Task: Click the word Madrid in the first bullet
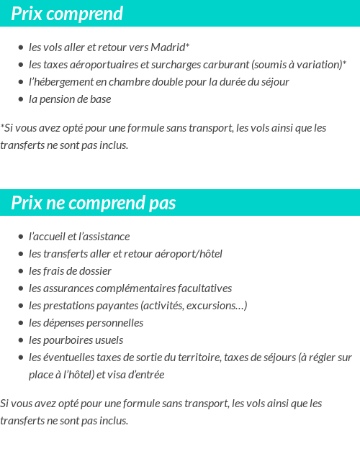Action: [168, 47]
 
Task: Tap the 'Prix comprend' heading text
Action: [67, 14]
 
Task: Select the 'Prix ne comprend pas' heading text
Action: [94, 204]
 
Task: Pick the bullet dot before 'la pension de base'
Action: [21, 100]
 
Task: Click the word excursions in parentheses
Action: [216, 306]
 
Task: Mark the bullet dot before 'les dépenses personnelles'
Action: [21, 323]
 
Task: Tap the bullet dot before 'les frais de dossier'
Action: [21, 271]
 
